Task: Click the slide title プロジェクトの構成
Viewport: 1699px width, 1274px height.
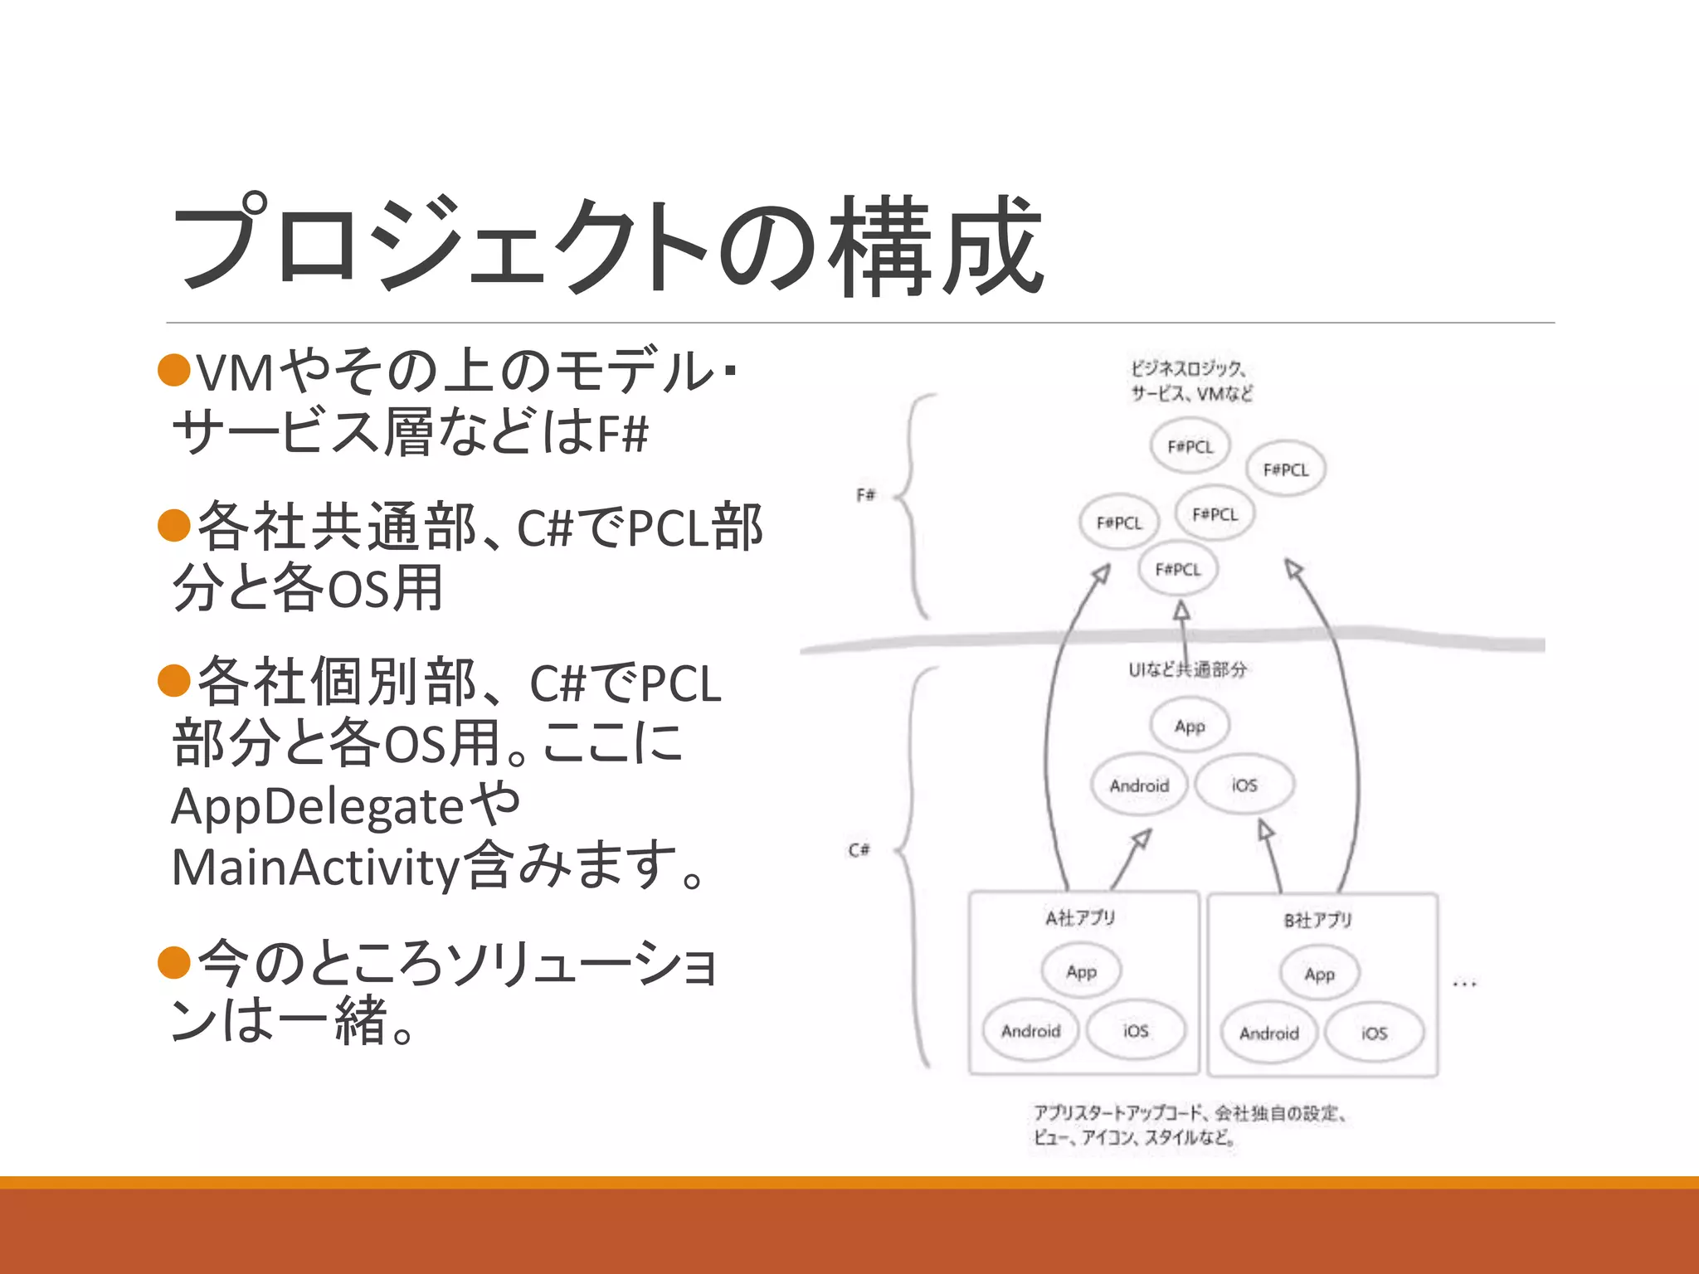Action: tap(606, 246)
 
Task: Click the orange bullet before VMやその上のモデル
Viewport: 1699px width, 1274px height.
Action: tap(174, 370)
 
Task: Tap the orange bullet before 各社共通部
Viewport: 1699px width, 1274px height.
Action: tap(174, 525)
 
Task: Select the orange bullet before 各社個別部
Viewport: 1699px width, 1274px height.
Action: tap(174, 681)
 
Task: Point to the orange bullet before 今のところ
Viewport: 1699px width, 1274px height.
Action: tap(174, 962)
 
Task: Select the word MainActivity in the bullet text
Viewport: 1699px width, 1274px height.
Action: tap(315, 868)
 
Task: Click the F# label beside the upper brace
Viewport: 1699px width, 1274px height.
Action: tap(865, 495)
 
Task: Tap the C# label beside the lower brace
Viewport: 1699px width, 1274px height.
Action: tap(859, 850)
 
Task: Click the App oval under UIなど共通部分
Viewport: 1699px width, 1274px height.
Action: tap(1190, 727)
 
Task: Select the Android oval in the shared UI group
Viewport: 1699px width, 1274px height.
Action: tap(1139, 785)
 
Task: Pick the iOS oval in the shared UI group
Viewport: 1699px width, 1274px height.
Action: tap(1244, 785)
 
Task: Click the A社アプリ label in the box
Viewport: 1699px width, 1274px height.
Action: tap(1080, 918)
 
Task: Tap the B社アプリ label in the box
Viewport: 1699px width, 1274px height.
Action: tap(1318, 921)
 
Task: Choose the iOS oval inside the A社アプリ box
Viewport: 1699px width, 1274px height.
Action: tap(1136, 1031)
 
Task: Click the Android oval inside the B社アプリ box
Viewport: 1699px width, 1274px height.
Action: tap(1268, 1033)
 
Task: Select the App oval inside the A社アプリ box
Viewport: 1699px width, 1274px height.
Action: tap(1082, 971)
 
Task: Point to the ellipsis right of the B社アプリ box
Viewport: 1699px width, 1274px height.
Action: tap(1464, 985)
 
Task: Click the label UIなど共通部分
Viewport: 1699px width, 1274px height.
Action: tap(1187, 669)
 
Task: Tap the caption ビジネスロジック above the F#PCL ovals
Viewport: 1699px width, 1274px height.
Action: tap(1187, 368)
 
